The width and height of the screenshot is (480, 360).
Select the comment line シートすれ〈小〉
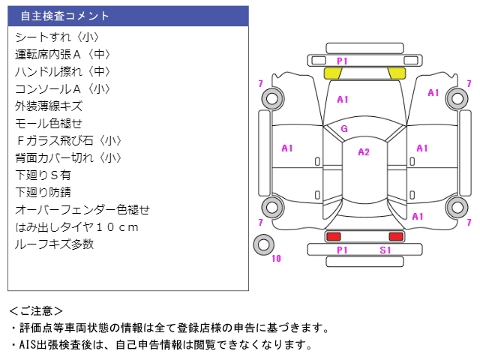click(57, 37)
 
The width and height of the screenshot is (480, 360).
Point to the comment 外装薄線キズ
click(49, 106)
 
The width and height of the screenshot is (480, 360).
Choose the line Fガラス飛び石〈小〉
click(68, 140)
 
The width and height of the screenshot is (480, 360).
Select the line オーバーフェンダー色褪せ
click(82, 209)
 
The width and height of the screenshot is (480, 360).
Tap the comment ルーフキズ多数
click(54, 244)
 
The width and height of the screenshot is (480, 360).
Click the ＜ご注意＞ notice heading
click(36, 310)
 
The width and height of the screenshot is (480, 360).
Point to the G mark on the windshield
click(343, 129)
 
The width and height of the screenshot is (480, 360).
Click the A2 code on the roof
click(364, 151)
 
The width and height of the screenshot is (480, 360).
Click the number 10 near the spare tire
click(276, 259)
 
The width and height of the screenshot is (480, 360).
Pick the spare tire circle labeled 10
click(263, 244)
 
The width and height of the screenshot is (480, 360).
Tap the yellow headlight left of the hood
click(332, 73)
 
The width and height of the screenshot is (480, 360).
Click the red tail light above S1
click(395, 236)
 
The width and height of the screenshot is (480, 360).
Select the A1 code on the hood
click(343, 99)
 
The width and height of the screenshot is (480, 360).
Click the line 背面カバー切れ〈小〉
click(68, 157)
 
